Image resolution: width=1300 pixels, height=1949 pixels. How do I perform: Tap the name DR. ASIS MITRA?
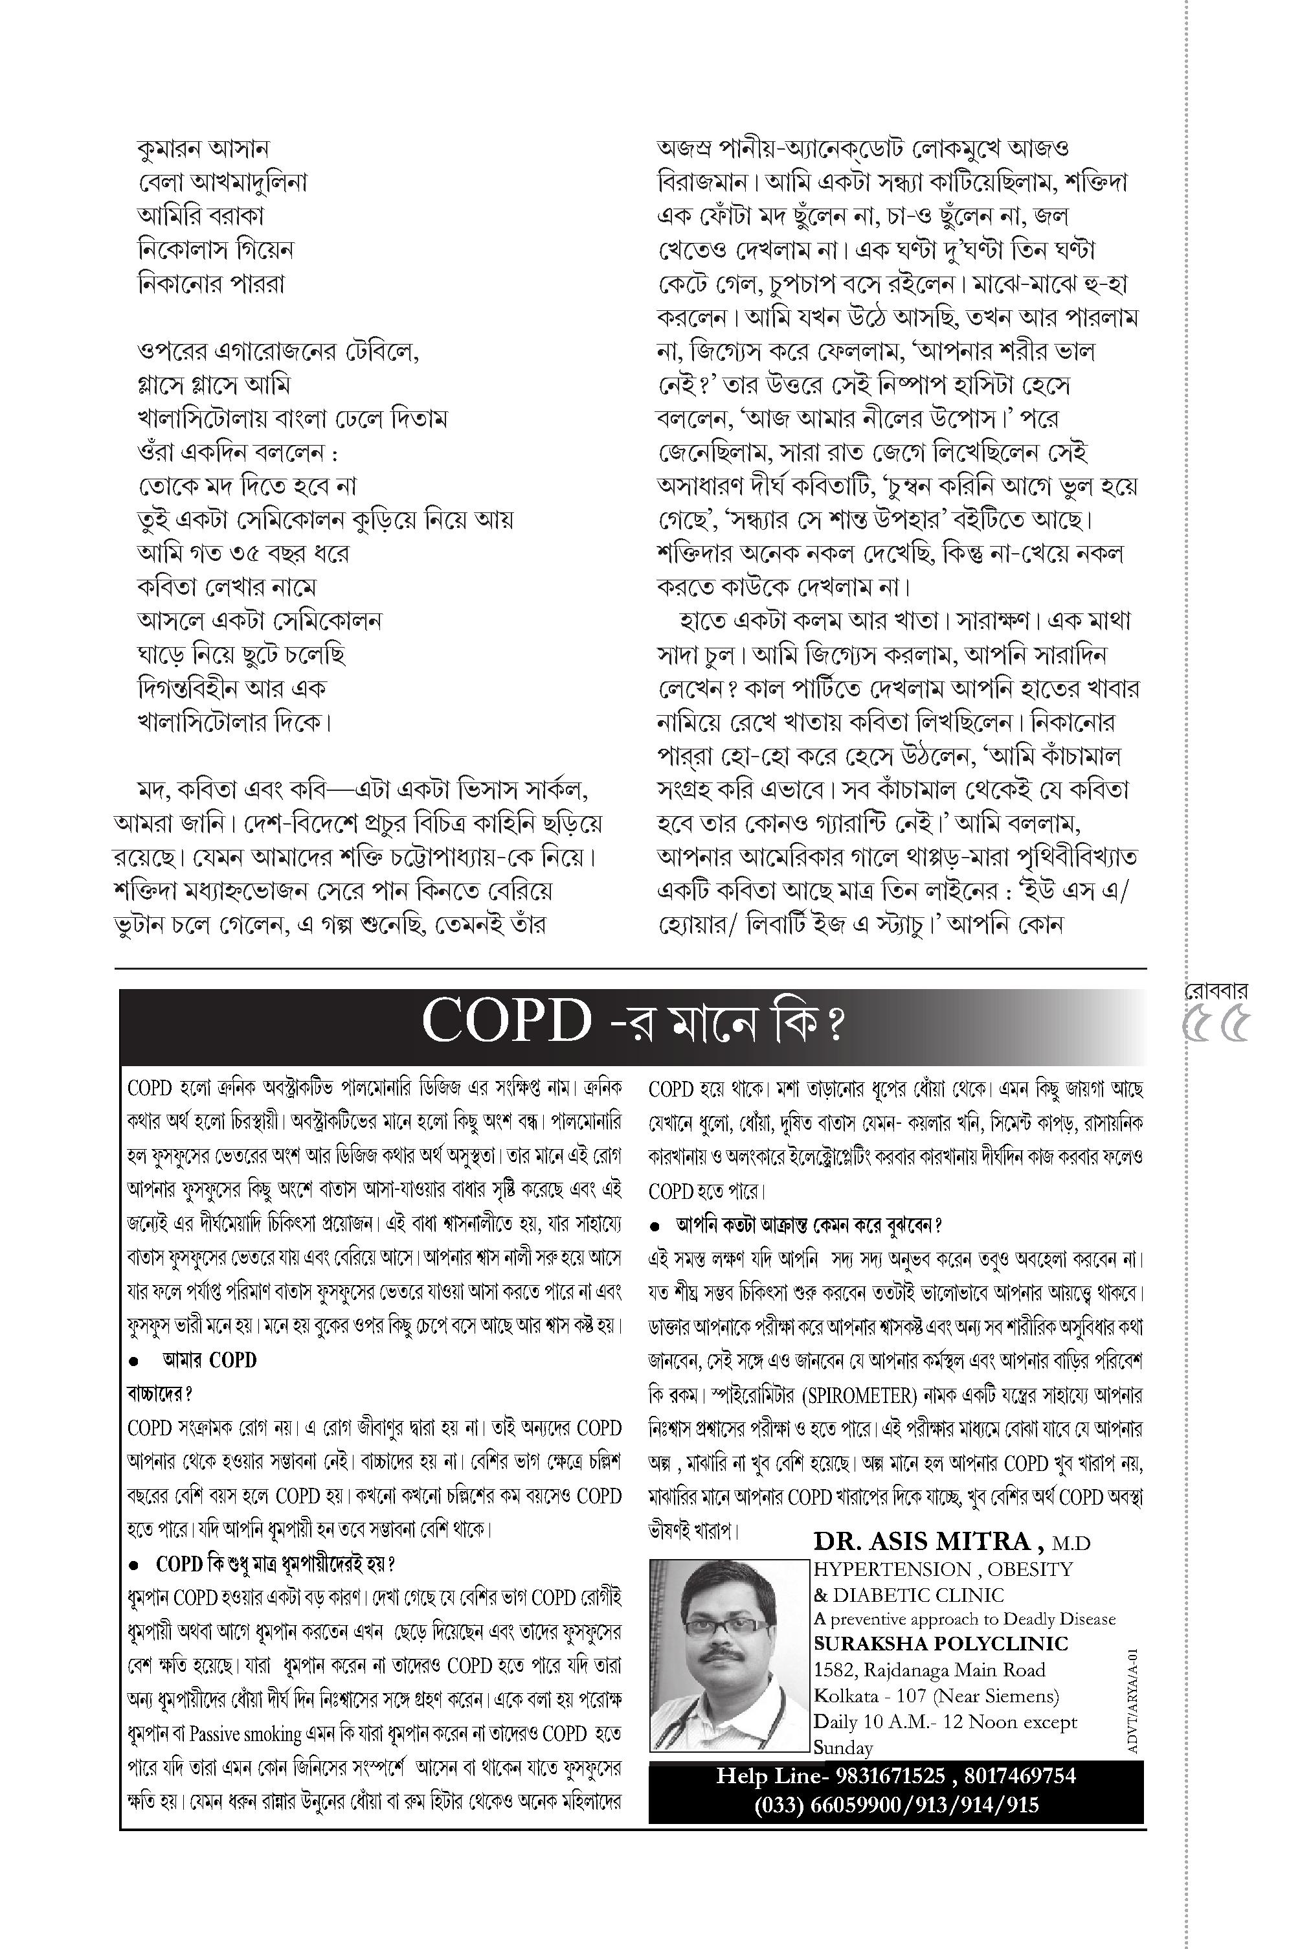(921, 1541)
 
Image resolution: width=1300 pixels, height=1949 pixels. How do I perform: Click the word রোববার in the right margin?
(1215, 990)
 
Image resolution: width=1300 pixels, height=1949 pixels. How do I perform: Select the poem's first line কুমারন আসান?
(203, 148)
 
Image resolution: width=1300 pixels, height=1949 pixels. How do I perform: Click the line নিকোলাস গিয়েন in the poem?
(215, 249)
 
